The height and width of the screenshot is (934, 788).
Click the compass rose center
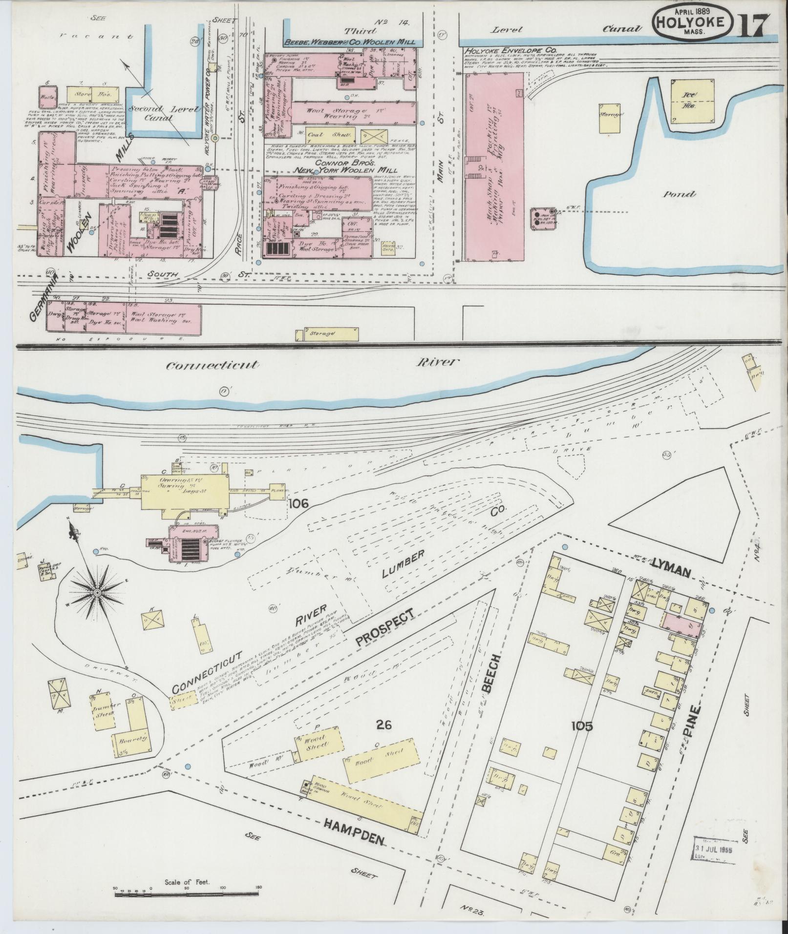[97, 592]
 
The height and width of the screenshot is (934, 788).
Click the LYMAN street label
[670, 572]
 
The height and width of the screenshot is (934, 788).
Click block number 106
[298, 503]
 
